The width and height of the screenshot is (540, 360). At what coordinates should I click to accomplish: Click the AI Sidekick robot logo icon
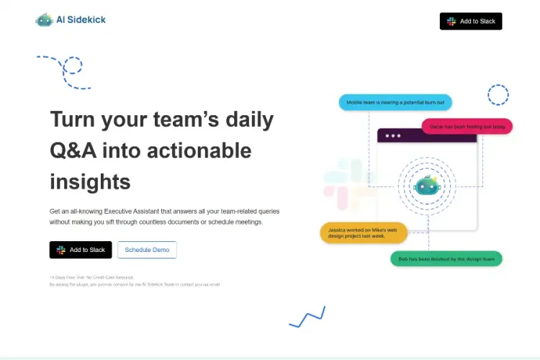(45, 19)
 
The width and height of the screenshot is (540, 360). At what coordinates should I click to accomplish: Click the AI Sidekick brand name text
(81, 20)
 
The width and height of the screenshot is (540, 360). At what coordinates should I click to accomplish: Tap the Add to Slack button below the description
(81, 250)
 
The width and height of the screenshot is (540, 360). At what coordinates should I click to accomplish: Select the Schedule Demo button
(147, 250)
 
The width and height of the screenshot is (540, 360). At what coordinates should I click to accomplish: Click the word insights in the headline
(90, 181)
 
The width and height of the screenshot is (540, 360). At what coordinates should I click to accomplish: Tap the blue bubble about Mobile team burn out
(395, 103)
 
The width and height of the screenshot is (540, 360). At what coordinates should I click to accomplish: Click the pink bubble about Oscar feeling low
(467, 127)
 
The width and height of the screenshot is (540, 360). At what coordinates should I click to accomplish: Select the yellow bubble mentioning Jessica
(364, 232)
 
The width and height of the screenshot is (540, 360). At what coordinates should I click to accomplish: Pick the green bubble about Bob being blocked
(446, 258)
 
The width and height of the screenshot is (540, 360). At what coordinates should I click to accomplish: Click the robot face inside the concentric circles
(426, 186)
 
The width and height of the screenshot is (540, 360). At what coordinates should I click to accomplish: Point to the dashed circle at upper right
(498, 94)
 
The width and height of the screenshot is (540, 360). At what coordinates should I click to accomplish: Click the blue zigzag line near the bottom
(307, 317)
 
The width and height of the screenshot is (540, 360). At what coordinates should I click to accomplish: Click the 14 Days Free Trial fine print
(92, 277)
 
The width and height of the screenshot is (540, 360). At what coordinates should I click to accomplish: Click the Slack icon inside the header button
(451, 22)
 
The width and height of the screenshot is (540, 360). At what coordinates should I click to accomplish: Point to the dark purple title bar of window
(426, 135)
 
